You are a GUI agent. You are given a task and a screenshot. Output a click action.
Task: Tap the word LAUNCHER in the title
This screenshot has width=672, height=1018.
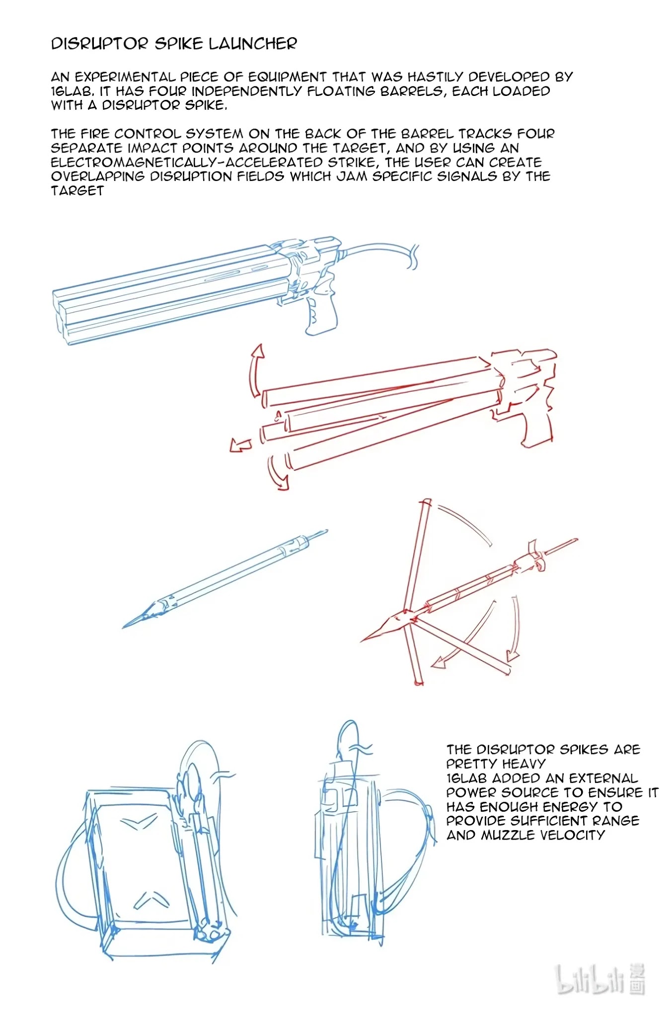click(253, 44)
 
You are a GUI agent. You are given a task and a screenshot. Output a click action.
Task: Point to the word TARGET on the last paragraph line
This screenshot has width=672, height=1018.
click(77, 191)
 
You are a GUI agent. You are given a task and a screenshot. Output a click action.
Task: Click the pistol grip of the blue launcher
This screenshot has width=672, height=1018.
click(321, 313)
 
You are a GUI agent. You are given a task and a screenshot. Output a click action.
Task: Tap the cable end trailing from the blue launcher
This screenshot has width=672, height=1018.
click(414, 257)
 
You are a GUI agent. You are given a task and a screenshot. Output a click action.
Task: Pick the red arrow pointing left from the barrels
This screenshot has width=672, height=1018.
click(241, 444)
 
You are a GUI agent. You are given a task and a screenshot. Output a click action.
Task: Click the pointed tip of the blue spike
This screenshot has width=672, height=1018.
click(124, 627)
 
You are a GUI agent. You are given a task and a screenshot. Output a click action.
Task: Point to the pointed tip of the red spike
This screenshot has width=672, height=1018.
click(362, 640)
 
